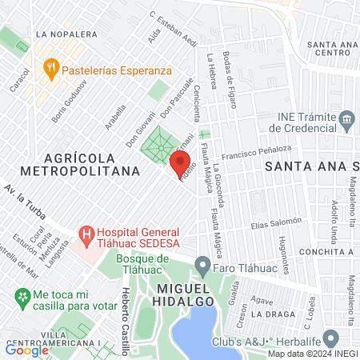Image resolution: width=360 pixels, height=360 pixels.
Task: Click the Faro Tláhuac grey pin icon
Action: click(203, 265)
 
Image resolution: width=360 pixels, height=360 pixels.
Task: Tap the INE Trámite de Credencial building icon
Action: click(346, 122)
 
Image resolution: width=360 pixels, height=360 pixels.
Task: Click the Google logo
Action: click(27, 350)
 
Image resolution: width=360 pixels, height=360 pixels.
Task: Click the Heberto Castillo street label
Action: click(125, 311)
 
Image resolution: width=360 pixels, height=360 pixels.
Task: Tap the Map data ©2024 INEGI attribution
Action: click(312, 354)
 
